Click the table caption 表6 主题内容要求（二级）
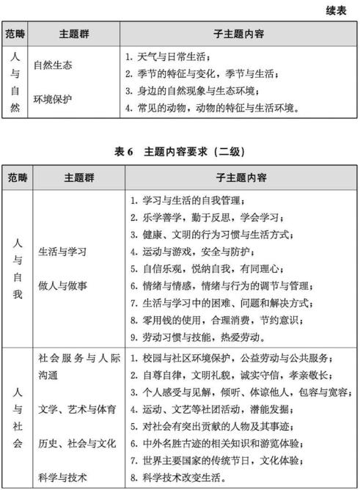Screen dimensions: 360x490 tap(179, 152)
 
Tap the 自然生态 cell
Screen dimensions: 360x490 tap(53, 65)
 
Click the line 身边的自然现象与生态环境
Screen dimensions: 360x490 tap(191, 91)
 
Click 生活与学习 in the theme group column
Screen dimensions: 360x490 tap(62, 251)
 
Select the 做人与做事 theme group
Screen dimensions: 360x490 tap(62, 285)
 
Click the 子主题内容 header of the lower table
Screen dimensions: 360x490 tap(240, 178)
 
